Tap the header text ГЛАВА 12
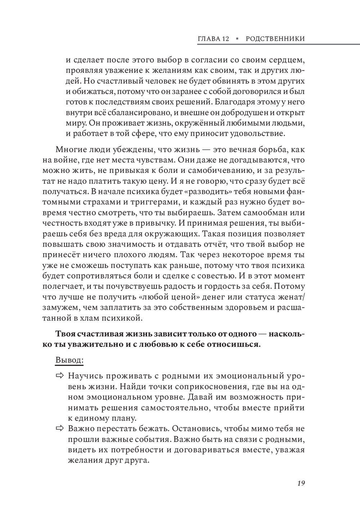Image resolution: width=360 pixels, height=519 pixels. pos(213,39)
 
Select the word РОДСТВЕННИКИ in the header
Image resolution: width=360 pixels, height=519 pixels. pos(275,39)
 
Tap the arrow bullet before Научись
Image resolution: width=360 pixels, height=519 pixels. pos(59,376)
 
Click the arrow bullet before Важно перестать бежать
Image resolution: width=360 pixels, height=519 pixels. pos(59,429)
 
